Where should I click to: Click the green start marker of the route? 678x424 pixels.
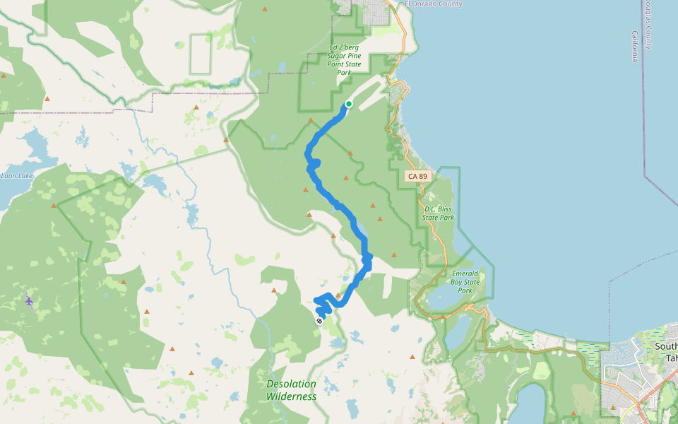348,105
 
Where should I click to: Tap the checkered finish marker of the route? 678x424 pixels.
319,321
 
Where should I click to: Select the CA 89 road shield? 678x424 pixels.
417,175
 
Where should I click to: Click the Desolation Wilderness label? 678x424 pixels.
291,390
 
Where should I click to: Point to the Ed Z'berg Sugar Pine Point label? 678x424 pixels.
345,60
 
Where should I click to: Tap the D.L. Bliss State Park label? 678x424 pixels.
439,213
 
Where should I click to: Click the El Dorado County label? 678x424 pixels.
434,4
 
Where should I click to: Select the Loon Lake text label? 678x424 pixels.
17,176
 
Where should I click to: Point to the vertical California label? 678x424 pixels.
635,47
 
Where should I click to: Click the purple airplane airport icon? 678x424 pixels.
29,301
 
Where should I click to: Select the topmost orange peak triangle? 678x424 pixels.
265,9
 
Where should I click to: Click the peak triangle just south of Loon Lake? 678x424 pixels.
54,206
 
